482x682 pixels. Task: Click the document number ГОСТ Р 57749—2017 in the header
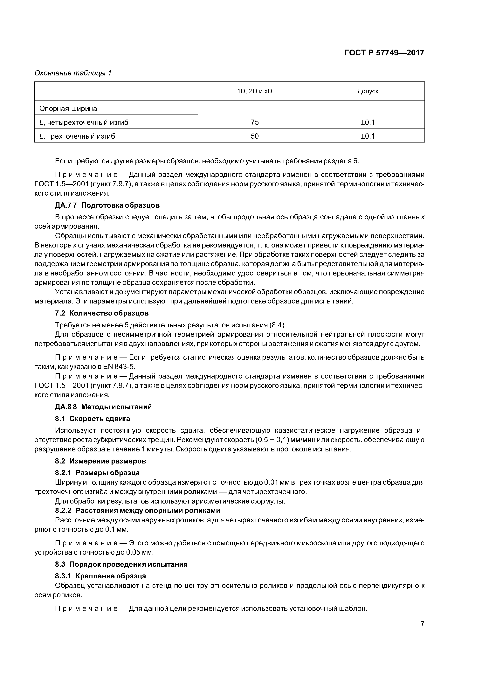click(x=384, y=53)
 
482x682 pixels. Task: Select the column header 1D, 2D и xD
click(x=255, y=91)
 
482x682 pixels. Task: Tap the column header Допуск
click(x=368, y=91)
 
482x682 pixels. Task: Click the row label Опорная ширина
click(x=68, y=108)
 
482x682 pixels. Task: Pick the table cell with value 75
click(x=255, y=122)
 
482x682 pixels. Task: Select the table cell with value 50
click(x=255, y=136)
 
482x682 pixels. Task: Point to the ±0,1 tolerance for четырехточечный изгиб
click(x=368, y=122)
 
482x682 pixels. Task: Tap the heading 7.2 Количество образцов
click(x=102, y=313)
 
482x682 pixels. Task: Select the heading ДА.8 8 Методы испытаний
click(x=103, y=407)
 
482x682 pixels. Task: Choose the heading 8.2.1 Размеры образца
click(x=97, y=472)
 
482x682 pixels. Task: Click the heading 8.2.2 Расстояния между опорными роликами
click(x=137, y=510)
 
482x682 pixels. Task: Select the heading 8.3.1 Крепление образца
click(x=100, y=576)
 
